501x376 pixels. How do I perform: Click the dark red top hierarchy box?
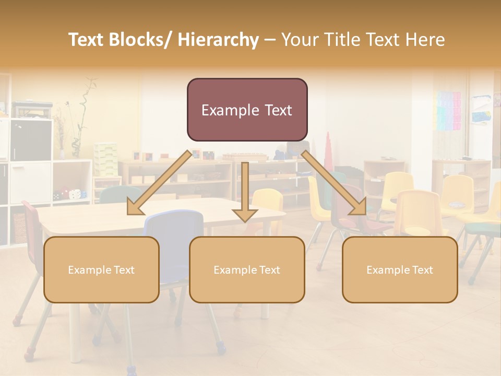pos(247,110)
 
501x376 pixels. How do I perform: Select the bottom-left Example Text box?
pos(101,269)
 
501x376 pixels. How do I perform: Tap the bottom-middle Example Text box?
pos(247,269)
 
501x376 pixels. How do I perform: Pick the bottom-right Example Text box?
pos(400,269)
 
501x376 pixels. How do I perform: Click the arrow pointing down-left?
pos(159,183)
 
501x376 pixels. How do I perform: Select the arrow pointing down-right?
pos(334,183)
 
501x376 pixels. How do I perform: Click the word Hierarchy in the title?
pos(218,40)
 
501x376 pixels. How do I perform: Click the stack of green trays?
pos(105,159)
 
